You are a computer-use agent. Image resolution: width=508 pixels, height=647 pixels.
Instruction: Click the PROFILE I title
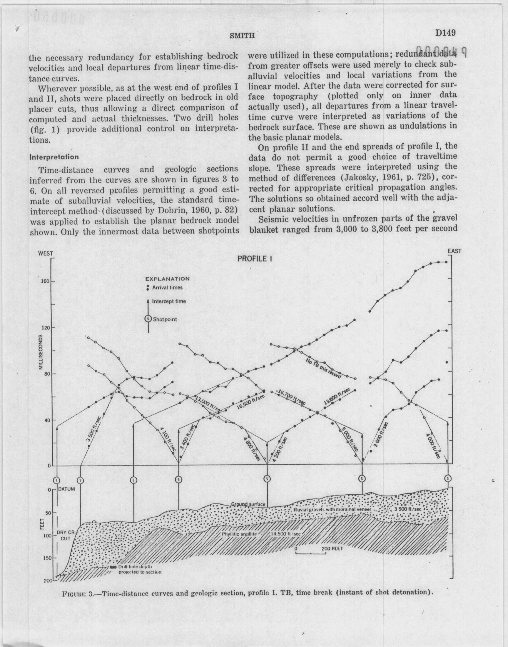pos(255,259)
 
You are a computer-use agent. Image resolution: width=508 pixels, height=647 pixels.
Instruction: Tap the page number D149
pos(446,32)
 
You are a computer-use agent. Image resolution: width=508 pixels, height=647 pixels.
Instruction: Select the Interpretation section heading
pos(54,157)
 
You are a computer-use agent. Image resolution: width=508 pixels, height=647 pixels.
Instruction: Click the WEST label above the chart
pos(45,254)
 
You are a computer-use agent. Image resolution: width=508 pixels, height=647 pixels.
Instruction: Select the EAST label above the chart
pos(454,251)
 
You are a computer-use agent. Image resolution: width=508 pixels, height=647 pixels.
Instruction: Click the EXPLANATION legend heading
pos(167,279)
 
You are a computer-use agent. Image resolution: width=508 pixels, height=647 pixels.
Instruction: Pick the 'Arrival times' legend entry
pos(167,288)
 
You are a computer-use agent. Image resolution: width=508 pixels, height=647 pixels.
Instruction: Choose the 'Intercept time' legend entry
pos(169,301)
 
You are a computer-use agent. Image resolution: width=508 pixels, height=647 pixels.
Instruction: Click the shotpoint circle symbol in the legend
pos(148,319)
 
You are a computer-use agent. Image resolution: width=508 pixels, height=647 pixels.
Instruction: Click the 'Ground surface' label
pos(248,504)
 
